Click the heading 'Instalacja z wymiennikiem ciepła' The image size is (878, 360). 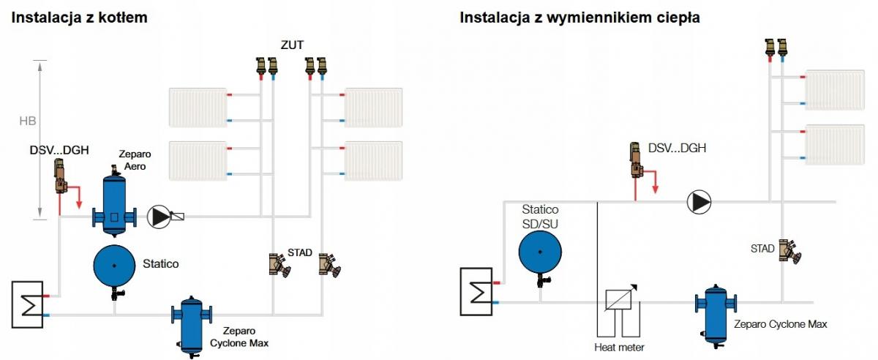click(x=579, y=17)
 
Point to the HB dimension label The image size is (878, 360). click(x=28, y=121)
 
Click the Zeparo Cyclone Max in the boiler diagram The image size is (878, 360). click(x=191, y=322)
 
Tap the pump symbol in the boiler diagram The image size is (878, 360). click(x=158, y=216)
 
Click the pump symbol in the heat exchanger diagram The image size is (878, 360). click(x=699, y=201)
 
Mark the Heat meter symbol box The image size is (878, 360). click(x=619, y=302)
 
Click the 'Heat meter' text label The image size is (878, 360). click(x=619, y=347)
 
